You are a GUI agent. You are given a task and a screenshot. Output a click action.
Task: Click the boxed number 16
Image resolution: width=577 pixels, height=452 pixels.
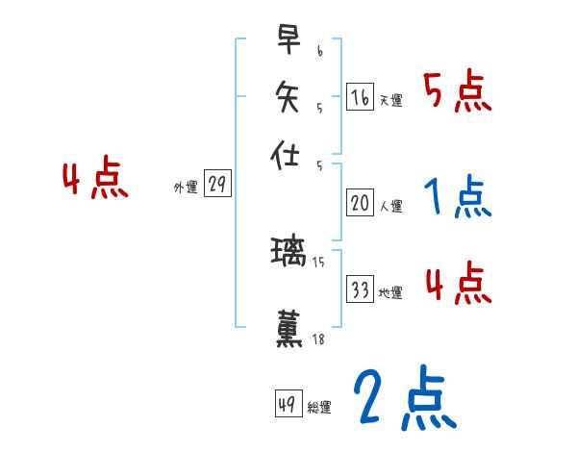coord(360,97)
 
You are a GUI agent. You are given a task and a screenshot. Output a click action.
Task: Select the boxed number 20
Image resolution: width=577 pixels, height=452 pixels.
coord(360,203)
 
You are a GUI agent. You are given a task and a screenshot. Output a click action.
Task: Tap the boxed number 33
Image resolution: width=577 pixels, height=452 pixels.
coord(360,289)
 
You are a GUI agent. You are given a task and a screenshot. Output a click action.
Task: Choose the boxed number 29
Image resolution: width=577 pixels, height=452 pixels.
coord(217,185)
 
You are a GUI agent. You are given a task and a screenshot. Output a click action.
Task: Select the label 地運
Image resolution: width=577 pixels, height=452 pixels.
coord(391,293)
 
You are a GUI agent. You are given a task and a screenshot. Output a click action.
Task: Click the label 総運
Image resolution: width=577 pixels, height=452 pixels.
coord(319,408)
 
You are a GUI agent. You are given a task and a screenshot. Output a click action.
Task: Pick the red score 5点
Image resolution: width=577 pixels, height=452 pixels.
coord(457,93)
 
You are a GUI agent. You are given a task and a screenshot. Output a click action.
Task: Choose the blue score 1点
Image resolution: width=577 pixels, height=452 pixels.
coord(457,198)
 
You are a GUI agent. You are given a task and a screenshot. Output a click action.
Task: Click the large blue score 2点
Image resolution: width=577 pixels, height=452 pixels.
coord(404,399)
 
